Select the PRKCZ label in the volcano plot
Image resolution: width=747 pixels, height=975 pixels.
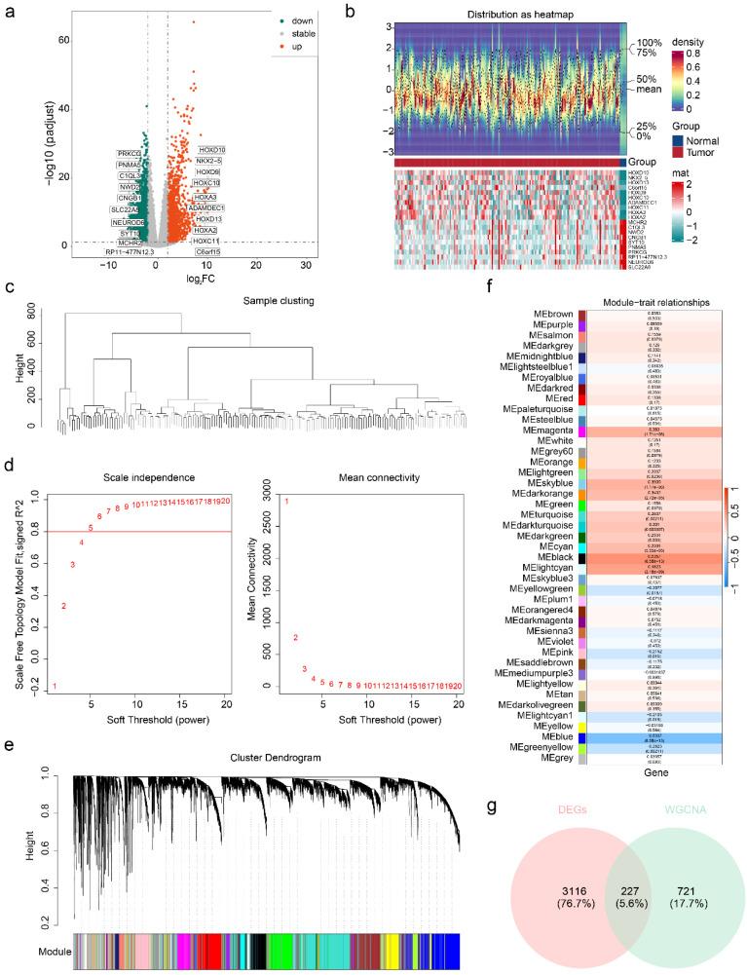click(x=130, y=154)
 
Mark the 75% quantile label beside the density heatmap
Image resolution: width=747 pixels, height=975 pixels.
click(x=651, y=55)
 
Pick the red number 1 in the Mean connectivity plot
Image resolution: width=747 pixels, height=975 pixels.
click(x=286, y=501)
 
